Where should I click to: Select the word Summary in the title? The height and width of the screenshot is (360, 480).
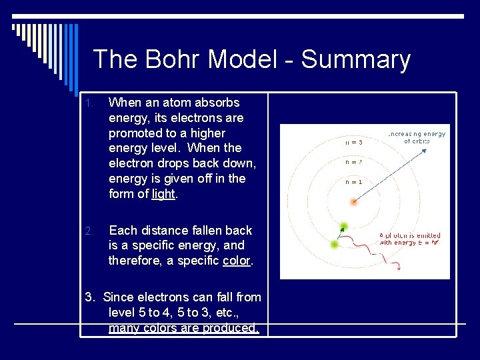click(356, 59)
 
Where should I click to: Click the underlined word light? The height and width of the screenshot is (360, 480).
click(163, 194)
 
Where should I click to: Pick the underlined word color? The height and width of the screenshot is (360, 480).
click(237, 261)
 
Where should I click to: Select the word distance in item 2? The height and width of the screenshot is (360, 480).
click(161, 231)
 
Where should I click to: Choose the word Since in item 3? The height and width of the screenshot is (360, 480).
click(120, 297)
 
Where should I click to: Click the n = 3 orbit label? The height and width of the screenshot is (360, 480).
click(354, 142)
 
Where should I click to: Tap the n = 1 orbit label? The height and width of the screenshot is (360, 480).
click(354, 181)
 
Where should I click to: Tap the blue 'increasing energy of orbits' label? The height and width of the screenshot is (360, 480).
click(417, 137)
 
